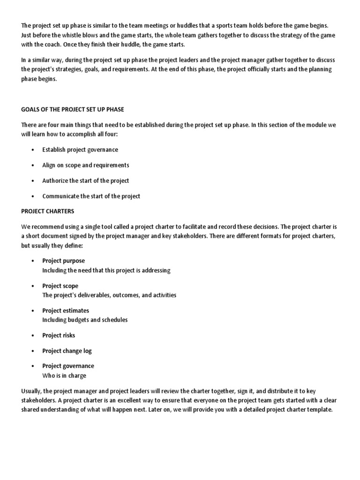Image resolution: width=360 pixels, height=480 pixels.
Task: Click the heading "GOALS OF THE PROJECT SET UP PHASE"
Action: [x=73, y=109]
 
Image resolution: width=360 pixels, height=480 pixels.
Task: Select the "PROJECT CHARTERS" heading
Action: [x=48, y=211]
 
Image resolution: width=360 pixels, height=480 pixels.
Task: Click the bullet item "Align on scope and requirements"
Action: [x=86, y=165]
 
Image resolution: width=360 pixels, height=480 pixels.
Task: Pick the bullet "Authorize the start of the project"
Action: [x=86, y=181]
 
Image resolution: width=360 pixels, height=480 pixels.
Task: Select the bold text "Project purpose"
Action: [x=64, y=261]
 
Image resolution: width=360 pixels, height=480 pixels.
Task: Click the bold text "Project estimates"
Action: [x=66, y=311]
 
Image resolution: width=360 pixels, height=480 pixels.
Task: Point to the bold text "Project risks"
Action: [x=59, y=336]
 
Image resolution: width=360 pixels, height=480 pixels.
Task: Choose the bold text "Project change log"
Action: [x=67, y=351]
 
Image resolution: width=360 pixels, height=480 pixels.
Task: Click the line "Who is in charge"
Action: [x=64, y=376]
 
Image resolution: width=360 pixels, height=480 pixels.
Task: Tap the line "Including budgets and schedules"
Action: [x=85, y=320]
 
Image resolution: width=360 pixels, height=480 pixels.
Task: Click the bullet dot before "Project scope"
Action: [x=32, y=286]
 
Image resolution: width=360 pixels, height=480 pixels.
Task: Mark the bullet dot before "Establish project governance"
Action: [x=32, y=150]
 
